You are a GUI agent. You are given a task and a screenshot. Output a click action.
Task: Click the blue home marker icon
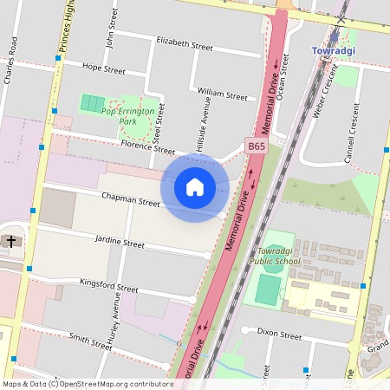point(195,186)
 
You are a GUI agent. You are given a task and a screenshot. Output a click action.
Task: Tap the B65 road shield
point(256,147)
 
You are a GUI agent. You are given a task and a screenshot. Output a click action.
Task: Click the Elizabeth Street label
point(184,45)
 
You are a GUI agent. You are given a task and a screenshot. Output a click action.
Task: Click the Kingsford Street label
point(108,286)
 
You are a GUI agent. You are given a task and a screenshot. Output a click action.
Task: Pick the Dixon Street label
point(279,335)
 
